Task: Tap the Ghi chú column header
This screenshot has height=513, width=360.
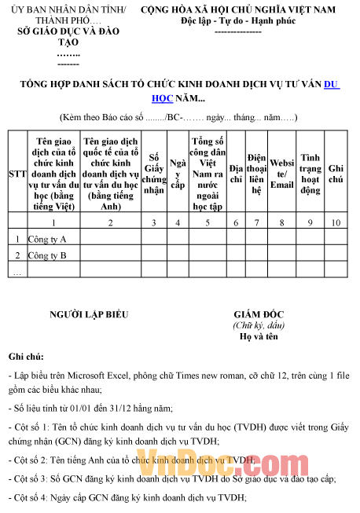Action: [x=336, y=174]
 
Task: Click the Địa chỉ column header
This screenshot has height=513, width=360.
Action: [x=236, y=174]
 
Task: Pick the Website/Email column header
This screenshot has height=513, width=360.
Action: [x=281, y=174]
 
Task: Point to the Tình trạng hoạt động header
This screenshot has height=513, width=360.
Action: [x=310, y=174]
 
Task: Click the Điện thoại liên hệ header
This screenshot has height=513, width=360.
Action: [x=256, y=174]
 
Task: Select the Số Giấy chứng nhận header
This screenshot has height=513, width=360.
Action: [x=155, y=174]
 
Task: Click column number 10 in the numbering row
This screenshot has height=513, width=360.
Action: [x=336, y=223]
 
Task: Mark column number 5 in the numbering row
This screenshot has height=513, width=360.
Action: [x=207, y=223]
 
